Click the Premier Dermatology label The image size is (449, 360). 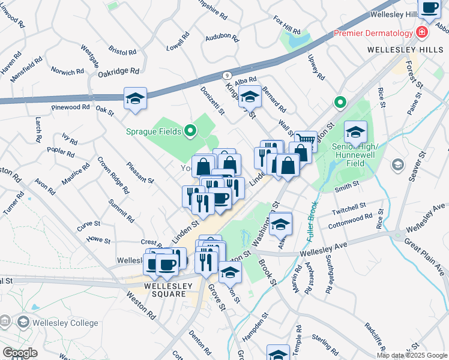pyautogui.click(x=373, y=33)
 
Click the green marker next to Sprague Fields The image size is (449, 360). pyautogui.click(x=190, y=130)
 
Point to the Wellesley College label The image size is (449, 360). pyautogui.click(x=65, y=323)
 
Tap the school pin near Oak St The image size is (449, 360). pyautogui.click(x=136, y=98)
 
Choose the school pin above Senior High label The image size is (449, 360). pyautogui.click(x=355, y=131)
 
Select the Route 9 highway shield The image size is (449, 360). pyautogui.click(x=226, y=75)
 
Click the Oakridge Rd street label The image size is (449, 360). pyautogui.click(x=119, y=71)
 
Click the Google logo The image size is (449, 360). pyautogui.click(x=20, y=353)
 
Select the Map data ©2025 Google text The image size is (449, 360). pyautogui.click(x=412, y=355)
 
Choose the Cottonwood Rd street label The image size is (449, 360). pyautogui.click(x=350, y=221)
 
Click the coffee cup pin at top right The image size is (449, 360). pyautogui.click(x=429, y=7)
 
